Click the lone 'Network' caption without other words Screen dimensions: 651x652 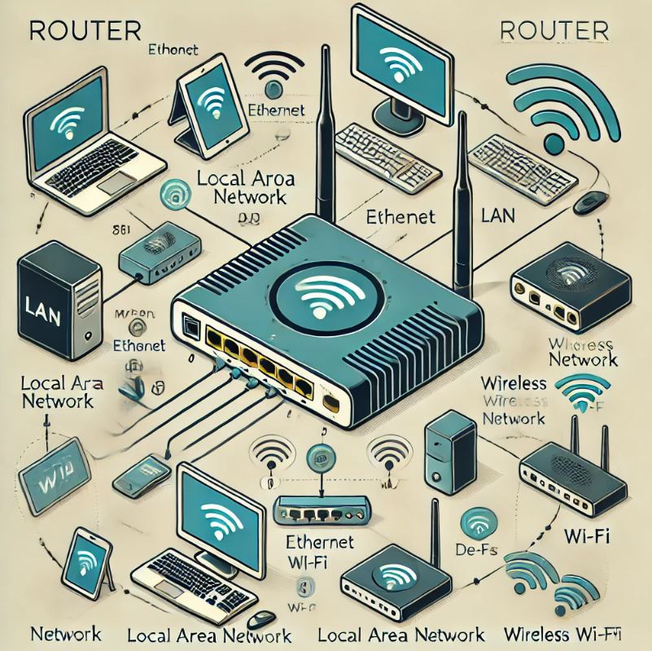tap(65, 634)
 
